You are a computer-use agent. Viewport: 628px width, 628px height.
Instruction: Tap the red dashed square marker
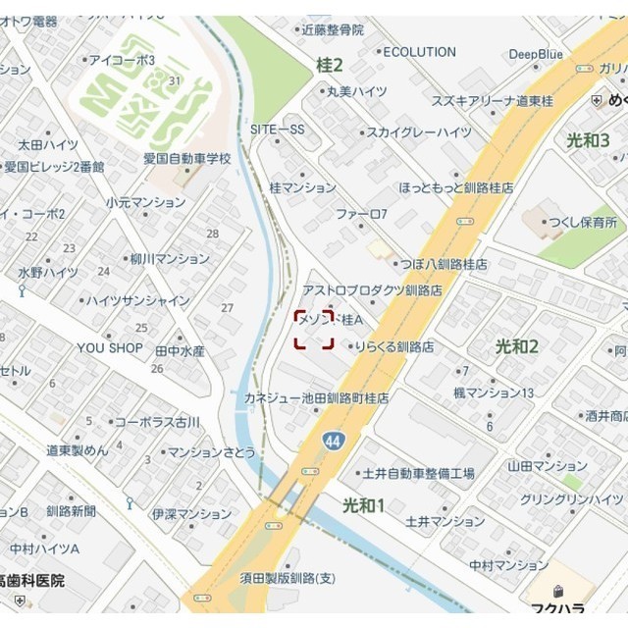[314, 330]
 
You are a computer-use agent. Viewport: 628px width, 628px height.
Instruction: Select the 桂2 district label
[330, 66]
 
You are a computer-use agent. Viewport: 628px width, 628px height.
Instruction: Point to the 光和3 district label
[588, 140]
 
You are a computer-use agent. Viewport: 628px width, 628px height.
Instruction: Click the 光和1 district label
[363, 504]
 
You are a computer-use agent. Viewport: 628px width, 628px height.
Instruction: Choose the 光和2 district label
[517, 345]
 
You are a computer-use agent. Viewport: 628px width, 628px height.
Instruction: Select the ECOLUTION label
[419, 52]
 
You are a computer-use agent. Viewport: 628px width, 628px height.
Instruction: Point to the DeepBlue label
[536, 54]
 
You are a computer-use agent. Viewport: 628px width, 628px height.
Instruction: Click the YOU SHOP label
[110, 348]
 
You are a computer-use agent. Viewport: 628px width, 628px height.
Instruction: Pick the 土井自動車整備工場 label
[418, 474]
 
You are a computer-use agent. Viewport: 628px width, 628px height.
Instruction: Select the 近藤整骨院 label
[333, 30]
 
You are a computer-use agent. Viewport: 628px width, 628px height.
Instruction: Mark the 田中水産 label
[180, 350]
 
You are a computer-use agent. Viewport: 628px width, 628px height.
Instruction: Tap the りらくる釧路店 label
[394, 346]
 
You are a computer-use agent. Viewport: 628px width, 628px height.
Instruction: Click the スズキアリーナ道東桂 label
[495, 102]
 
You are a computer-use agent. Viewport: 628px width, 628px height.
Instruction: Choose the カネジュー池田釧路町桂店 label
[317, 399]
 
